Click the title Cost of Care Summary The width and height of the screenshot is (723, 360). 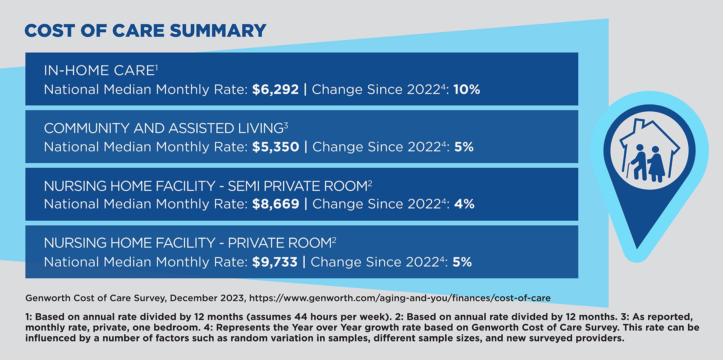(145, 31)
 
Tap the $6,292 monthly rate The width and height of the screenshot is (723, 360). (275, 89)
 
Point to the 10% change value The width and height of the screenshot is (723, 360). (467, 89)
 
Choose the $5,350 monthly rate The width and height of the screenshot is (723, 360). (276, 147)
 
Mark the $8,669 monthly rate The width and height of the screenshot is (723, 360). (276, 204)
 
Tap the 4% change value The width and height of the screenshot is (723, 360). (464, 204)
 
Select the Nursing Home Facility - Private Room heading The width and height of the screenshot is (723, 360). (190, 243)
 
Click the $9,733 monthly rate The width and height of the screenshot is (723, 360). (275, 262)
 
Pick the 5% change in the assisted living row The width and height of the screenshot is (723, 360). (464, 147)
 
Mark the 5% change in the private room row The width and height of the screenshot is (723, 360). (462, 262)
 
